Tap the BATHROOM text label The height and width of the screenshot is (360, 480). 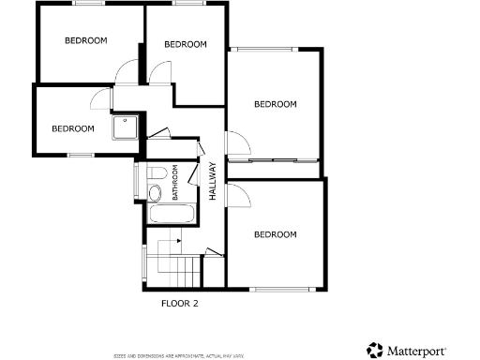[x=175, y=184]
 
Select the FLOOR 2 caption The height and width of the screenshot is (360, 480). [x=179, y=303]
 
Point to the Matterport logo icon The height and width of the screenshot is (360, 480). [x=375, y=350]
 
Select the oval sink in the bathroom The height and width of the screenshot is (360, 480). [x=155, y=193]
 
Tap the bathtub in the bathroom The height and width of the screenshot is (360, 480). [x=171, y=215]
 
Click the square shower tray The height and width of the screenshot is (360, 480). [x=124, y=127]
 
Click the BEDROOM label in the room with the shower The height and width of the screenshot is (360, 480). [x=72, y=128]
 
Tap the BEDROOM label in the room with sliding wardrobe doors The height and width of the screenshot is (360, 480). [x=276, y=104]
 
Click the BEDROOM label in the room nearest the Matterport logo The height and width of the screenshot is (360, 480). [x=276, y=234]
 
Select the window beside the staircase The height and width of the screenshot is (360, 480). [x=143, y=263]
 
